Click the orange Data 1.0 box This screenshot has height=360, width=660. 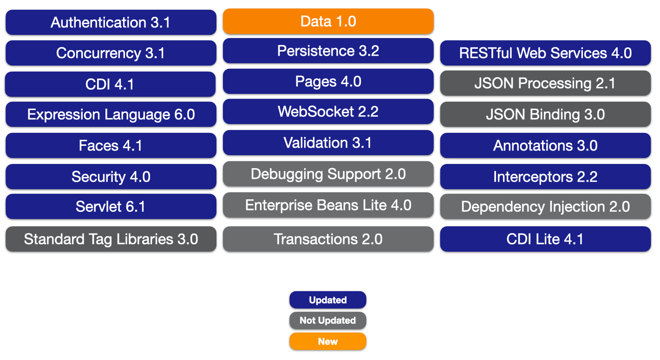tap(328, 21)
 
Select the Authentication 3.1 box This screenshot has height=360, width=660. tap(111, 22)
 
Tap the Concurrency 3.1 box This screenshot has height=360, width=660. tap(111, 53)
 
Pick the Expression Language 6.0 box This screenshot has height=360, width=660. tap(111, 114)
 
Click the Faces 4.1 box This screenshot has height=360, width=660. tap(111, 145)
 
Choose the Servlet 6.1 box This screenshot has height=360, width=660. tap(111, 206)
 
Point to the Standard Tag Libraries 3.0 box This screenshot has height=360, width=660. tap(111, 239)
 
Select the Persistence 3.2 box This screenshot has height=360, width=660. tap(328, 51)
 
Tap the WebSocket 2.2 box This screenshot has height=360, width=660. tap(328, 111)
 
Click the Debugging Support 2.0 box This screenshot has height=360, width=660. tap(328, 174)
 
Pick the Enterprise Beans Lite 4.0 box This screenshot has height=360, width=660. tap(328, 205)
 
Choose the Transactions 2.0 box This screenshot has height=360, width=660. tap(328, 239)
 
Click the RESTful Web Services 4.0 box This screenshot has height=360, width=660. tap(545, 53)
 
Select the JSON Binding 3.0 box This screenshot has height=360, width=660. tap(545, 114)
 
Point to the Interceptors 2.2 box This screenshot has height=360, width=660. tap(545, 177)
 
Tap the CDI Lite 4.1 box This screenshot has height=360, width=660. tap(545, 239)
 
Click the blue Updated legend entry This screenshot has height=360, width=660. tap(328, 300)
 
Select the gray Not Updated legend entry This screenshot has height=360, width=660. tap(328, 321)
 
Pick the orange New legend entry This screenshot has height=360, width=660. tap(328, 341)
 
